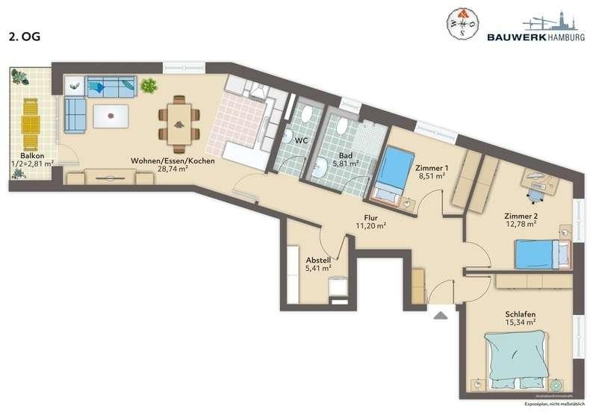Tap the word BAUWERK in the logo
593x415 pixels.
514,36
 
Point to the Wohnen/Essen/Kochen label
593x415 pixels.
173,160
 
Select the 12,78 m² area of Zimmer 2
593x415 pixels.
521,223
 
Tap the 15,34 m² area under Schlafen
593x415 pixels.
521,322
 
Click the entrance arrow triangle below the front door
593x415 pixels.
441,315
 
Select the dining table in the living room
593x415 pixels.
178,119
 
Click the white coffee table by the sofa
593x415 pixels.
110,116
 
